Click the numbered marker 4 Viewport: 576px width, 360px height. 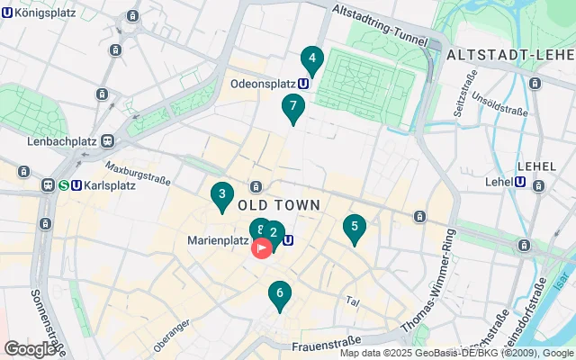click(311, 60)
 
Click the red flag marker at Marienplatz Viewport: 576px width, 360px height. click(262, 247)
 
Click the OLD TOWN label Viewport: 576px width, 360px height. click(279, 205)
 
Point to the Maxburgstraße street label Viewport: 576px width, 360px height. click(138, 172)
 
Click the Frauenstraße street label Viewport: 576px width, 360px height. click(327, 341)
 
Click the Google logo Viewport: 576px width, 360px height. click(30, 348)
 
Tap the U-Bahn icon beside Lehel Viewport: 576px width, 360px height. click(520, 182)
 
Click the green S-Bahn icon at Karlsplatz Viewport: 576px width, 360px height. click(64, 185)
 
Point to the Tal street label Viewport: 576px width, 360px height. click(353, 301)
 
